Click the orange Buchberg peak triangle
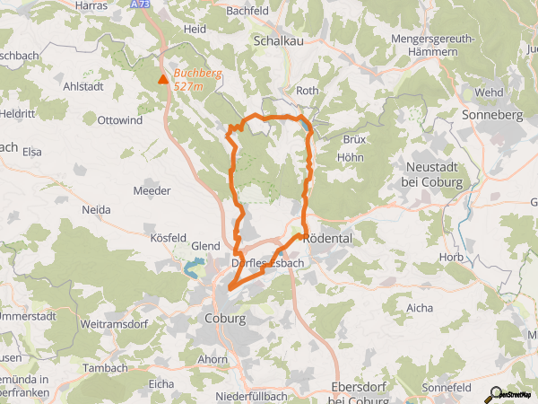pyautogui.click(x=162, y=80)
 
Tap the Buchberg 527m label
pyautogui.click(x=195, y=79)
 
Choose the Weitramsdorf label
pyautogui.click(x=112, y=321)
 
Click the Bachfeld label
pyautogui.click(x=248, y=10)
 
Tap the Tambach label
pyautogui.click(x=105, y=368)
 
